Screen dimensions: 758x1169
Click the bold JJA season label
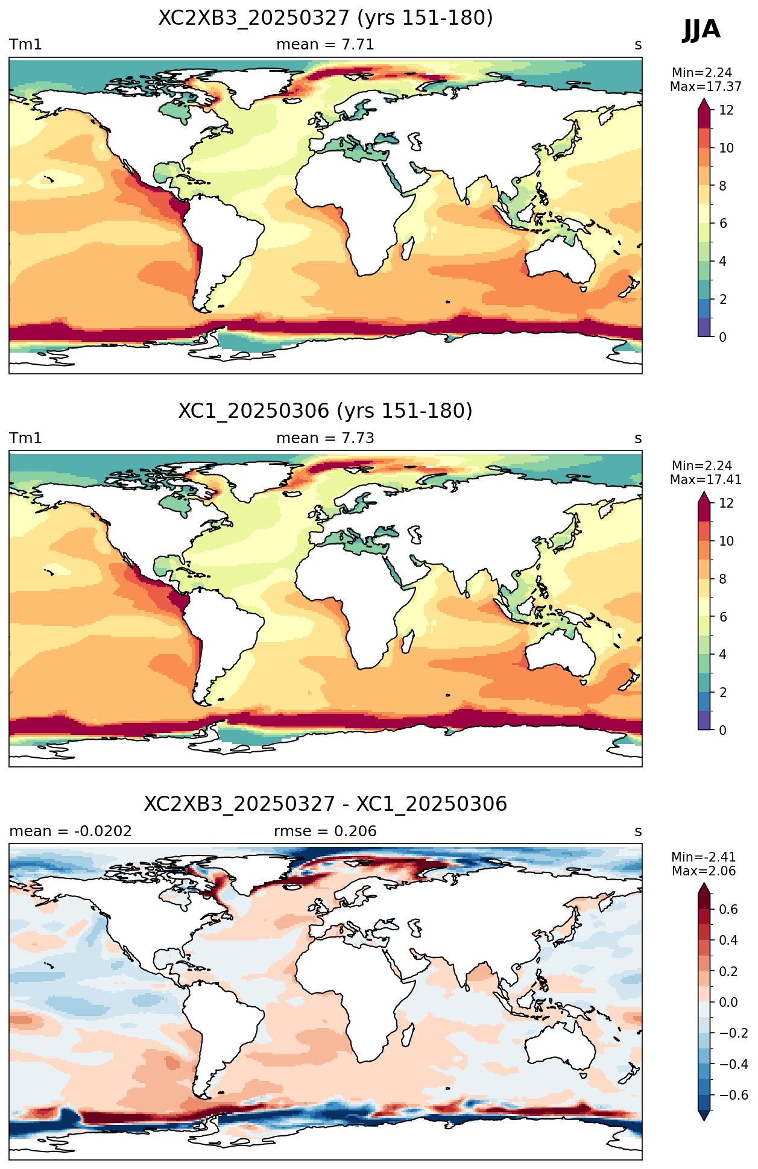pos(701,29)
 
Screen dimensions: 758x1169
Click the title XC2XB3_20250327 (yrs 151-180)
pos(326,18)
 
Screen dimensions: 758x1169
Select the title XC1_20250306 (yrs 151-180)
pos(326,411)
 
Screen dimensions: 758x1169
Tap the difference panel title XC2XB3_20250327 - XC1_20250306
pos(326,804)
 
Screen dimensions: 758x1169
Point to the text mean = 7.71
pos(326,45)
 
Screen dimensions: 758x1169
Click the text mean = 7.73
pos(326,438)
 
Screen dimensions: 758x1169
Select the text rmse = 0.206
pos(326,831)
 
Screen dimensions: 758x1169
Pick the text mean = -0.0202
pos(71,831)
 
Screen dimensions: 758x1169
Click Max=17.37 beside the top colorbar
pos(706,87)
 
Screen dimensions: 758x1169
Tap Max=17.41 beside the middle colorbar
pos(706,480)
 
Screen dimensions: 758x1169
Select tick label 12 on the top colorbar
pos(727,110)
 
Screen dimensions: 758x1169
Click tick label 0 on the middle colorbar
pos(723,730)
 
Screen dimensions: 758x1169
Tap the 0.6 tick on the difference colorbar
pos(728,910)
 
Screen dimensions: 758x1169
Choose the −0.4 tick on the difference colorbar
pos(733,1065)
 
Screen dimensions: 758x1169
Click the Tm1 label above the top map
pos(25,45)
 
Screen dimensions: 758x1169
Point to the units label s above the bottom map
pos(638,832)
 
